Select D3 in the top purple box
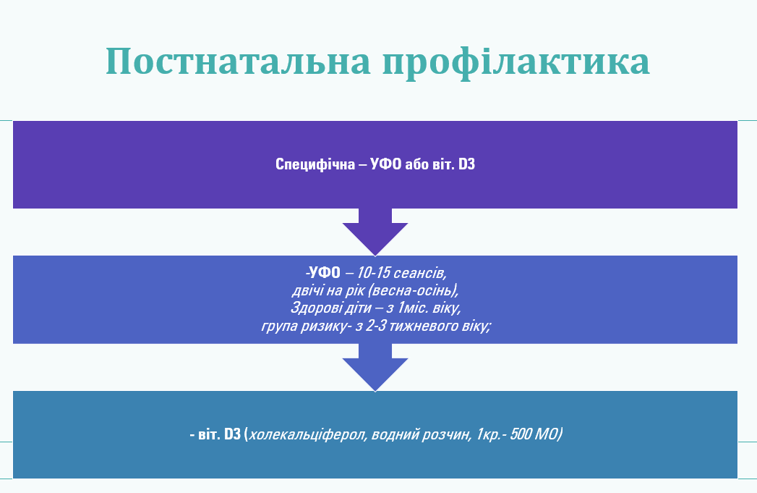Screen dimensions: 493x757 (x=466, y=164)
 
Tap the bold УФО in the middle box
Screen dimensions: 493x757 (x=324, y=273)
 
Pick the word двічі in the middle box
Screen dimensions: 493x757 (x=307, y=290)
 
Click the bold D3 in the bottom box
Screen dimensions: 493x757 (x=232, y=434)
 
